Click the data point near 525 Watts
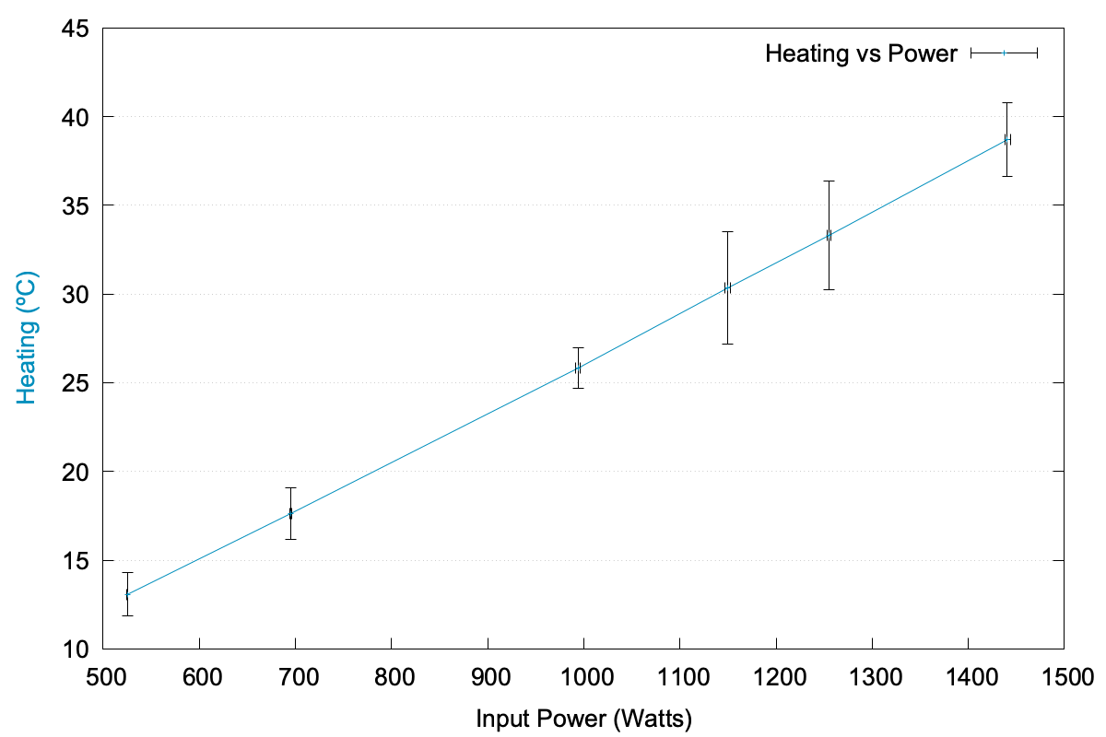(127, 594)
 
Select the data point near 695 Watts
(290, 513)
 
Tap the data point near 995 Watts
(578, 368)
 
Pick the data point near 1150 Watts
(727, 287)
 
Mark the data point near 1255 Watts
(829, 235)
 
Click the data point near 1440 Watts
(1007, 139)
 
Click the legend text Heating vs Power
(861, 53)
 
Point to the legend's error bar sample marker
(1004, 53)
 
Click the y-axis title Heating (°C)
(27, 337)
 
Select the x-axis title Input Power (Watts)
(583, 718)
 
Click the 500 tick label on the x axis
(103, 678)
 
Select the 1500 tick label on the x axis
(1064, 678)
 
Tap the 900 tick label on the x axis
(488, 678)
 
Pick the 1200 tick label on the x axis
(776, 678)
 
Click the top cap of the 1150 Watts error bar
(727, 232)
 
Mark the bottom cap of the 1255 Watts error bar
(829, 289)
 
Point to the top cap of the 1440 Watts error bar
(1007, 102)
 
